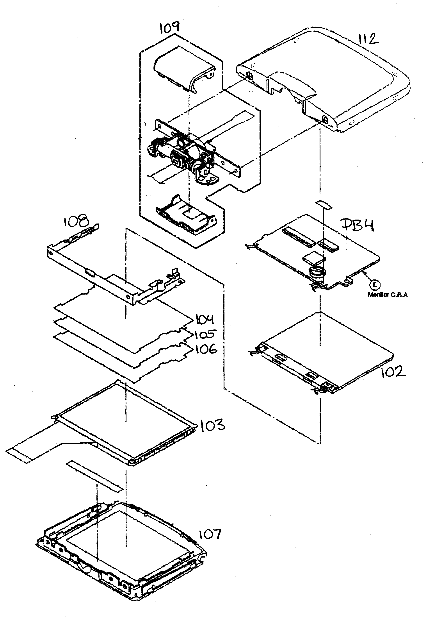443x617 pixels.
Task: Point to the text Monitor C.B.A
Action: pos(388,295)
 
